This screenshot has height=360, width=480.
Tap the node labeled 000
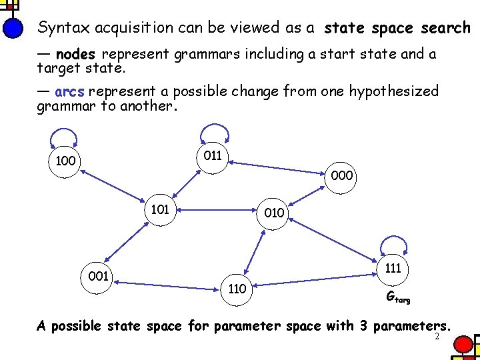point(341,177)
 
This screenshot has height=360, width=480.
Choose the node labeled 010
point(273,213)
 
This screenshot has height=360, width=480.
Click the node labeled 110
point(237,289)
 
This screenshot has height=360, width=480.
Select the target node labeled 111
point(393,268)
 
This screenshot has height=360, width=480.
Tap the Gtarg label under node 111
point(399,298)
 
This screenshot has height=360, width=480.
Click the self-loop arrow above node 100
point(65,137)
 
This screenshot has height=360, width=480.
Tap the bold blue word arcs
point(70,91)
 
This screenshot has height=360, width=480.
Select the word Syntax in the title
point(64,28)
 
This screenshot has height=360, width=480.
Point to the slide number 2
point(437,337)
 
